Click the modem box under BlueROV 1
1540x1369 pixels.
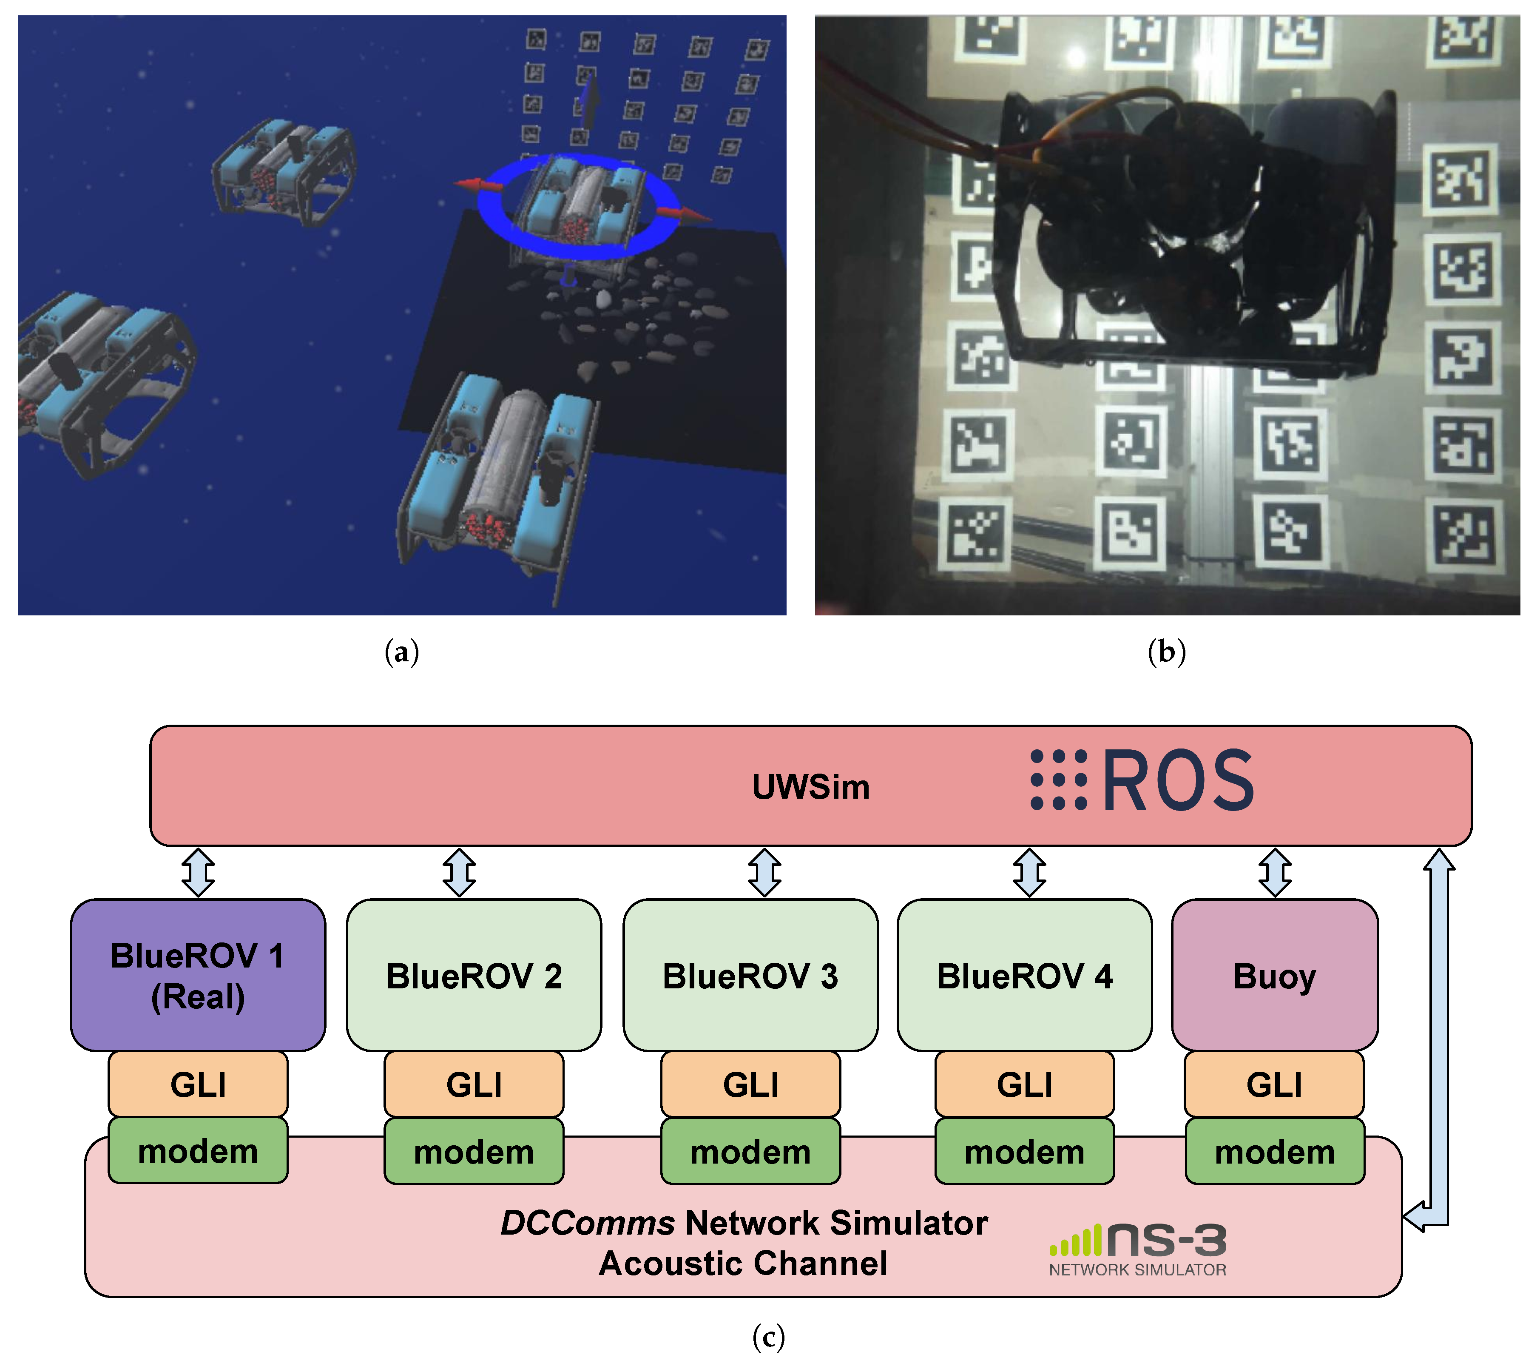(x=198, y=1150)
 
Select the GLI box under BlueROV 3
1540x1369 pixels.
(x=750, y=1084)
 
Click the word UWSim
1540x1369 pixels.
(x=811, y=787)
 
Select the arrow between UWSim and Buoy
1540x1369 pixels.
(x=1275, y=873)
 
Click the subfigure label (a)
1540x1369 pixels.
(x=401, y=652)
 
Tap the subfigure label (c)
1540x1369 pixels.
(x=768, y=1338)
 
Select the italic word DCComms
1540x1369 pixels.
(x=588, y=1223)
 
